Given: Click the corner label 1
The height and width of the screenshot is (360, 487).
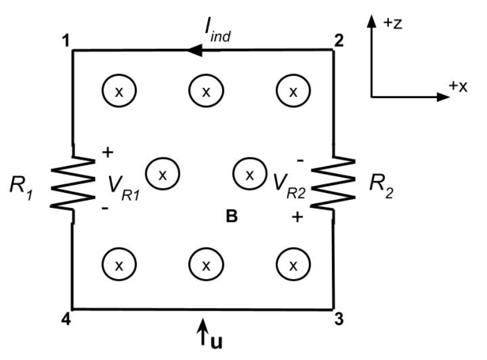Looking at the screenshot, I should (67, 41).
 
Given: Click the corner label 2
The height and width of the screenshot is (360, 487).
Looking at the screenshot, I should (339, 41).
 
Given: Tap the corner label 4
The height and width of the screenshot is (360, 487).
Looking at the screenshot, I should (67, 320).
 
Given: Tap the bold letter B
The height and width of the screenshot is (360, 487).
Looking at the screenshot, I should (233, 218).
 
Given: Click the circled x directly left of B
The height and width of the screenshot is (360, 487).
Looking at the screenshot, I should (163, 173).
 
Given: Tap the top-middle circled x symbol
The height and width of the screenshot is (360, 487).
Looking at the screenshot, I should (206, 91).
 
